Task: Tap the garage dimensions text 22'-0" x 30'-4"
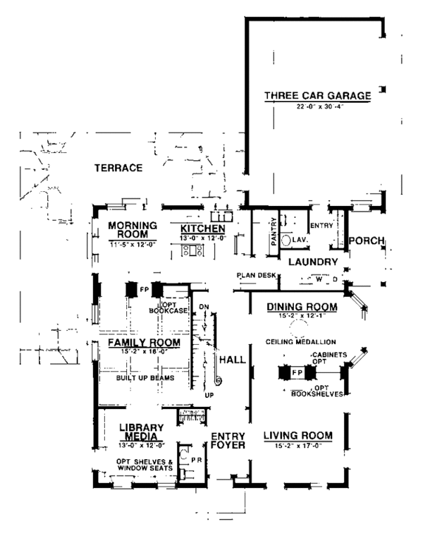coord(317,107)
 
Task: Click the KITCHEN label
coord(202,229)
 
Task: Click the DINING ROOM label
coord(301,307)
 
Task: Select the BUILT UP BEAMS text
coord(145,378)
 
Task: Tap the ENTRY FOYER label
coord(228,441)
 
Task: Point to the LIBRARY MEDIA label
coord(141,432)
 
